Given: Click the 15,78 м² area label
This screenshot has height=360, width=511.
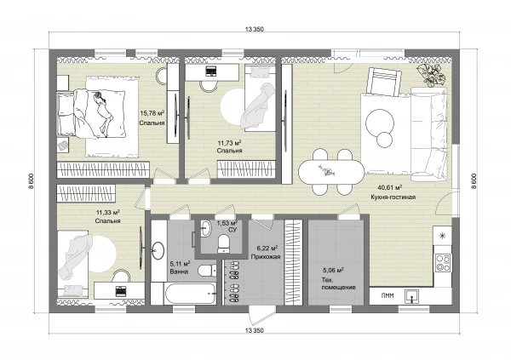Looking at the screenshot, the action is click(x=152, y=113).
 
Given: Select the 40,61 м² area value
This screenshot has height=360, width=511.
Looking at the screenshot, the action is click(x=390, y=187).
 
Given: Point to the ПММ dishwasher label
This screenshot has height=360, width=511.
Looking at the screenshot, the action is click(x=388, y=296).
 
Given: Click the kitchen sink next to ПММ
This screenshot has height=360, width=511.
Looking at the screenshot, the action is click(x=412, y=296).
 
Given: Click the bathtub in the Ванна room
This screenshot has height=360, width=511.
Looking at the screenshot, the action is click(x=190, y=294).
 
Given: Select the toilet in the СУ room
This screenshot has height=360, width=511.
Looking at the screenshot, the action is click(x=224, y=244).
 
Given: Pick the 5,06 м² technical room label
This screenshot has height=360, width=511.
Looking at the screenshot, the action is click(x=333, y=270).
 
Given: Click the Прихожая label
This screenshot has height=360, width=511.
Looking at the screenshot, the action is click(x=266, y=257).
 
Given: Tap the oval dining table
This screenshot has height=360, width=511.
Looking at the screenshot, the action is click(x=331, y=173).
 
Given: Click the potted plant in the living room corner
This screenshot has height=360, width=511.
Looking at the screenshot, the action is click(x=432, y=74).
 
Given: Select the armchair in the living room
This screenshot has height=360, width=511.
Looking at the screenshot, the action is click(x=383, y=82).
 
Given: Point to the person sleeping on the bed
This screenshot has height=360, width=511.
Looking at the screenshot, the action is click(x=104, y=113).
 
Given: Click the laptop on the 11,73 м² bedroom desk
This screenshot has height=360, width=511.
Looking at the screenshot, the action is click(x=211, y=71).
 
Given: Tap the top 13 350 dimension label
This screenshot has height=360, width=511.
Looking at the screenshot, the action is click(x=254, y=29).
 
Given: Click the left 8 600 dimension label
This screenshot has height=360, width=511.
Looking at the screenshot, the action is click(x=31, y=181).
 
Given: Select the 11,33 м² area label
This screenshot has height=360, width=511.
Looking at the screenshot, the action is click(x=108, y=213).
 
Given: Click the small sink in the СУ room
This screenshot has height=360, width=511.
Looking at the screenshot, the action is click(x=205, y=227).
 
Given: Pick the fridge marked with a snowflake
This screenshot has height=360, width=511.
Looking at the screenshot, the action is click(x=442, y=236).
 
